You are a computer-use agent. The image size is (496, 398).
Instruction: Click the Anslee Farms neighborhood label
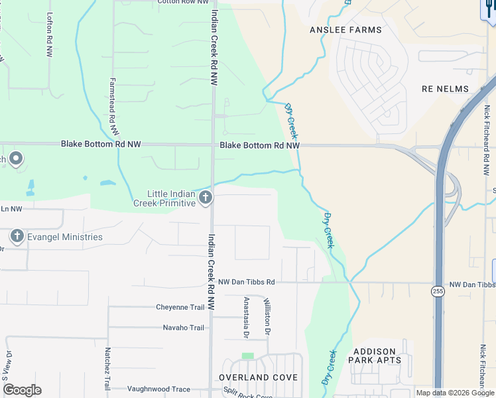point(345,30)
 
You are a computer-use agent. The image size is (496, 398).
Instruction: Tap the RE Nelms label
point(445,89)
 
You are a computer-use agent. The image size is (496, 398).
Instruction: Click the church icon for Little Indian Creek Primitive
point(206,197)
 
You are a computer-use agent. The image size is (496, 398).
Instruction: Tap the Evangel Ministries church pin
point(17,236)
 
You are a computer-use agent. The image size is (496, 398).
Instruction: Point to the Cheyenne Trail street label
point(180,307)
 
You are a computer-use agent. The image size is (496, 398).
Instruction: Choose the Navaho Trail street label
point(183,328)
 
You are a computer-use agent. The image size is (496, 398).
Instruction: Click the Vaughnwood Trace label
point(158,389)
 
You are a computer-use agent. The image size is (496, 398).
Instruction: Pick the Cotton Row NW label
point(179,2)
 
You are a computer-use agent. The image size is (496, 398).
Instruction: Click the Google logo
point(22,390)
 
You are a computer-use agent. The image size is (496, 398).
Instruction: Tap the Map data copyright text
point(455,393)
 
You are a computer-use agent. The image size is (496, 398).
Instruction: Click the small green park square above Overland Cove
point(247,356)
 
